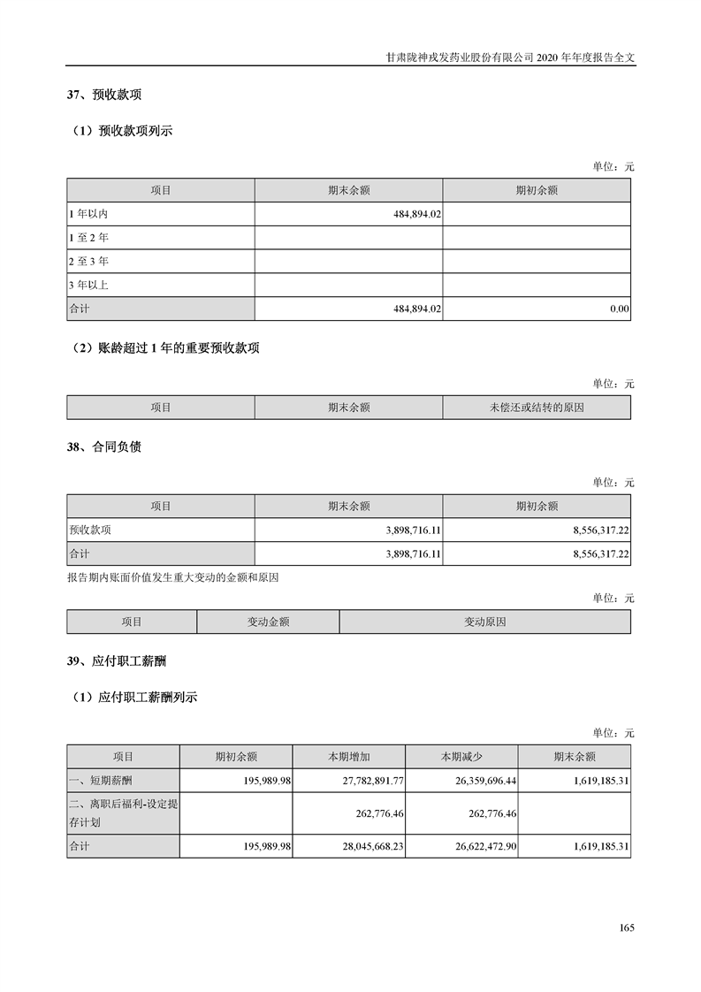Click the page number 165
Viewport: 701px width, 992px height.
(x=627, y=927)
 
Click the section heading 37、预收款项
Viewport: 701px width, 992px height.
(x=104, y=95)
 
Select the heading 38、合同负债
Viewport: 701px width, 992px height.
(x=104, y=446)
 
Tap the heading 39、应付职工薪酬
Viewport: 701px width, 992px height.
(x=116, y=660)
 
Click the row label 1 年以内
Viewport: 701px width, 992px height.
(x=88, y=214)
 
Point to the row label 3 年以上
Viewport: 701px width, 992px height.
(x=88, y=286)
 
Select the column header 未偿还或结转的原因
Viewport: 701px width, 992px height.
(x=537, y=408)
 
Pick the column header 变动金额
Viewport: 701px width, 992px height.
(x=268, y=622)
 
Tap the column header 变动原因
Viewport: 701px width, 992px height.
(x=484, y=622)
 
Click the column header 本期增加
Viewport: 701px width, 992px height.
(x=348, y=757)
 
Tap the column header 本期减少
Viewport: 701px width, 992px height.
(x=461, y=757)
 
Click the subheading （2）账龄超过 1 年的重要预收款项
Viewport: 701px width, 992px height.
(x=165, y=348)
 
